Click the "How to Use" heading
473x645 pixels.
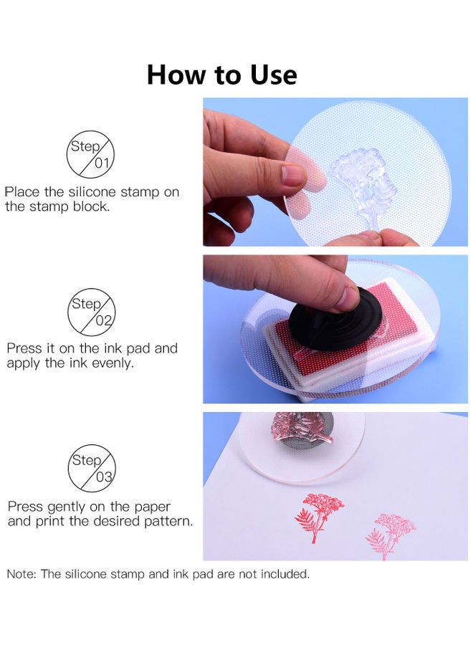pyautogui.click(x=221, y=75)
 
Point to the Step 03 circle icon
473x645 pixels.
pyautogui.click(x=91, y=468)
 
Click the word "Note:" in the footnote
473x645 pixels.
pyautogui.click(x=21, y=573)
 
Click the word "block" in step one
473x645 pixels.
pyautogui.click(x=90, y=206)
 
